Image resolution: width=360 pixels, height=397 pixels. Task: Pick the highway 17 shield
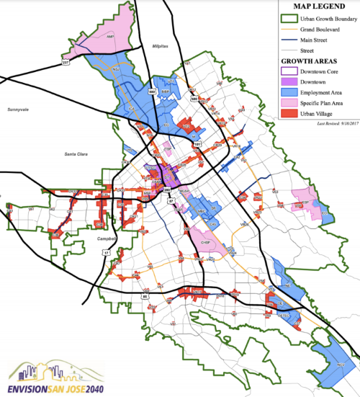coord(107,253)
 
